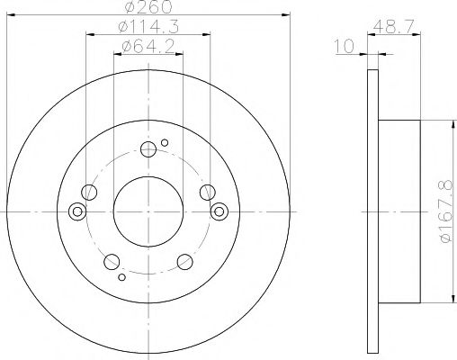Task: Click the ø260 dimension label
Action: (148, 7)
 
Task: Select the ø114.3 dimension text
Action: (148, 26)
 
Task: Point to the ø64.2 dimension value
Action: (148, 46)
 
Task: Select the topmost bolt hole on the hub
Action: (148, 150)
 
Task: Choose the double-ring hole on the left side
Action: (77, 211)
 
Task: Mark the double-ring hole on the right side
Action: (218, 211)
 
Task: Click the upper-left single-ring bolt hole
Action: (88, 192)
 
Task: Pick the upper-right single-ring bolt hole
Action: (207, 191)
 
